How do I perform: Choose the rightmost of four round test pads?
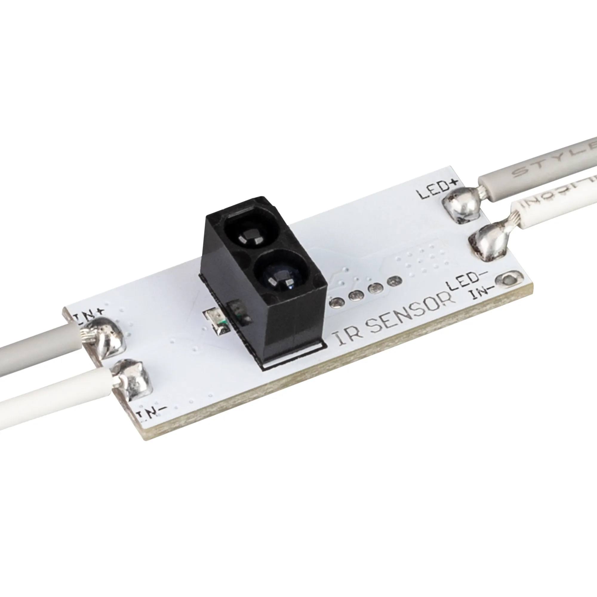point(394,282)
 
